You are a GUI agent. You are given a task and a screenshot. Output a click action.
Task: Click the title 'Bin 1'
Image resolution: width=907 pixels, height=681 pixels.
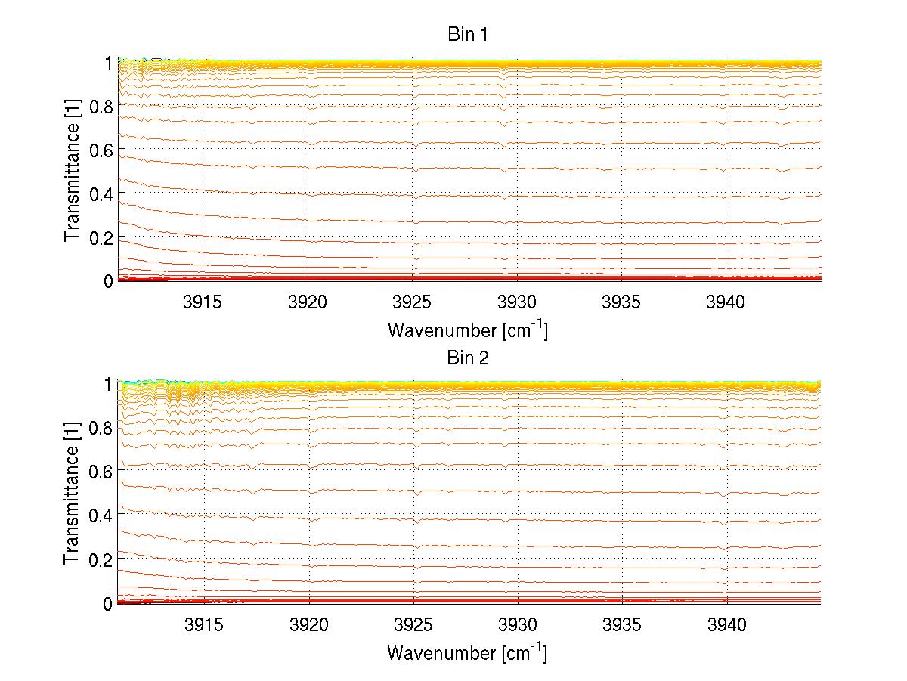[467, 36]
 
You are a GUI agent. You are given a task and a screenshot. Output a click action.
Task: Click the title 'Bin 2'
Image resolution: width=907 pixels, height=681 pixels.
[467, 358]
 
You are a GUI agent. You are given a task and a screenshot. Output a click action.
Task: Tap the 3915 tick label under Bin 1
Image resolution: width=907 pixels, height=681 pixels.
[203, 302]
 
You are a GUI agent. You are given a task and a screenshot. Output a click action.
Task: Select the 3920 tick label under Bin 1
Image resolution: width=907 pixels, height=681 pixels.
[308, 302]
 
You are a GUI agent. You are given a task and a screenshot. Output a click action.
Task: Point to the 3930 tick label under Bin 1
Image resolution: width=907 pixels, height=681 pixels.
[517, 302]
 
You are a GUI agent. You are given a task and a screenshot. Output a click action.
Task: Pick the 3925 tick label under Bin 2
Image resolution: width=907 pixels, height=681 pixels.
[413, 625]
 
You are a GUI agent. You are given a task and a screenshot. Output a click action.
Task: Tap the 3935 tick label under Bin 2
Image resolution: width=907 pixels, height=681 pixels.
[622, 625]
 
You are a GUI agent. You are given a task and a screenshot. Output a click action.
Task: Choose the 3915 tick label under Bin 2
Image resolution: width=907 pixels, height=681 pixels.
[203, 625]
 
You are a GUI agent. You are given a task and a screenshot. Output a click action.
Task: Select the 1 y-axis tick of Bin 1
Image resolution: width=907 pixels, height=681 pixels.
[108, 62]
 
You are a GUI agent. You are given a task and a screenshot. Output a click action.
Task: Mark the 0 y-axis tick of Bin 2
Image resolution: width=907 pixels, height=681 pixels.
[108, 603]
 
